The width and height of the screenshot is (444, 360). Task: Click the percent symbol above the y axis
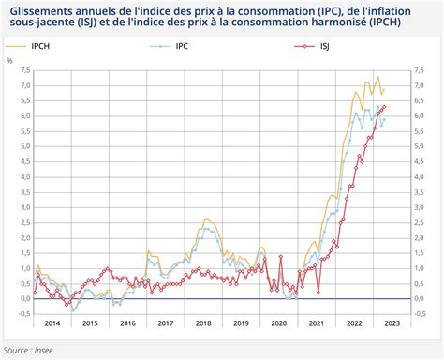(10, 59)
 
